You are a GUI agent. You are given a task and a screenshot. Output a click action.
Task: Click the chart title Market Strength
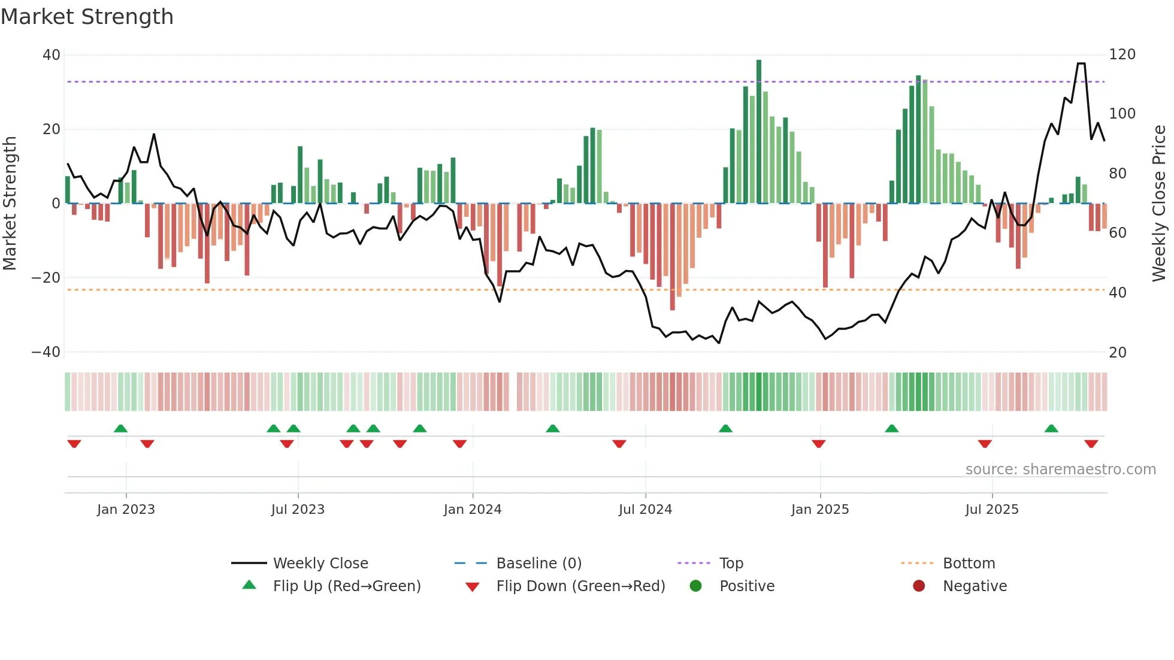coord(87,17)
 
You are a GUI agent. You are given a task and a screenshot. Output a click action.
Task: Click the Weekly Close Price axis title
coord(1159,203)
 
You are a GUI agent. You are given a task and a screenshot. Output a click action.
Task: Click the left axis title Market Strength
coord(10,203)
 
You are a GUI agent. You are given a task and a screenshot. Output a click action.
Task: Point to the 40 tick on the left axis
coord(52,55)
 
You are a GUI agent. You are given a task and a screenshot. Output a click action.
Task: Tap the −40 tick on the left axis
coord(46,352)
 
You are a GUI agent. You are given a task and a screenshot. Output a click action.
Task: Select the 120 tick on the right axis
coord(1122,55)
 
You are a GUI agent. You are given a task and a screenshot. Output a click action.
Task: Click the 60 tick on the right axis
coord(1118,233)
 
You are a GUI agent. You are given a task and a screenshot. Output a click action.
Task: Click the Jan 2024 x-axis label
coord(473,510)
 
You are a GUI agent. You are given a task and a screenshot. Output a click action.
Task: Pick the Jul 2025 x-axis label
coord(992,510)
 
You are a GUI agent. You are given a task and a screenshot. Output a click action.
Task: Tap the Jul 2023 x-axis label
coord(298,510)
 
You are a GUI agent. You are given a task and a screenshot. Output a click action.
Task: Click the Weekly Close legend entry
coord(320,564)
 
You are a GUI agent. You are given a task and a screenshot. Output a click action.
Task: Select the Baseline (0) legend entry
coord(538,564)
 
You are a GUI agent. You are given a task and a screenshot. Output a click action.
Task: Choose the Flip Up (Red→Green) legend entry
coord(347,586)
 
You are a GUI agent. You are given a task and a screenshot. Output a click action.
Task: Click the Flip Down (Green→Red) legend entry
coord(580,586)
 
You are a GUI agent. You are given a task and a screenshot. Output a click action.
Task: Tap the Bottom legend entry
coord(969,564)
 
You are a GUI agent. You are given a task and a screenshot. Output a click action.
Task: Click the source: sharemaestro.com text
coord(1060,470)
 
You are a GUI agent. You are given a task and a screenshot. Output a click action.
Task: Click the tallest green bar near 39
coord(759,132)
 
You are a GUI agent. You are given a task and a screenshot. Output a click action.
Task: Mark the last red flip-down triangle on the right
coord(1091,444)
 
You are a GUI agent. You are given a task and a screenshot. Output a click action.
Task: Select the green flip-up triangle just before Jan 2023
coord(120,428)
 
